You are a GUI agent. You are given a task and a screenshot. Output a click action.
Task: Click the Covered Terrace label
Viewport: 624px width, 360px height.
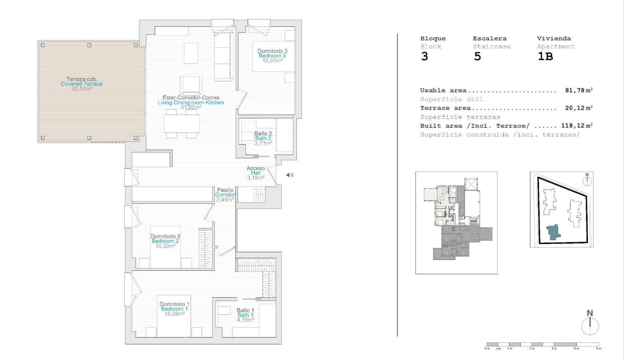pos(82,84)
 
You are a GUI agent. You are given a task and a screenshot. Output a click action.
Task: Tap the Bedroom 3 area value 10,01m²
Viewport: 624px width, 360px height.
pos(272,61)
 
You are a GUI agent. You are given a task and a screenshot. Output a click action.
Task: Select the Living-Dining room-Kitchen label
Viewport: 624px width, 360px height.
pos(191,103)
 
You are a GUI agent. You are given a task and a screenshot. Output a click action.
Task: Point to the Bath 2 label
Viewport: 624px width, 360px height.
pos(263,138)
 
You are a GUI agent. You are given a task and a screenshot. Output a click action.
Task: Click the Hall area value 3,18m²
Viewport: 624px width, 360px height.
pos(255,178)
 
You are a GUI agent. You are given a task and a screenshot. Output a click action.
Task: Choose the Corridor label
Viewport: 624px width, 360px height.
pos(225,195)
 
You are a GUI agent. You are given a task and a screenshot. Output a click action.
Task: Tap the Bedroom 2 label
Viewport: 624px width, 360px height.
pos(165,241)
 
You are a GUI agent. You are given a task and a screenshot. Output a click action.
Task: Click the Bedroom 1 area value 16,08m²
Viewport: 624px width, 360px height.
pos(174,314)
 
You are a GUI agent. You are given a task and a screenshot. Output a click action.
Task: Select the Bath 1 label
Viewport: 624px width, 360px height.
pos(246,315)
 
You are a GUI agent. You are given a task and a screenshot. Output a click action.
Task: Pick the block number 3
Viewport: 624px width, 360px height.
pos(424,57)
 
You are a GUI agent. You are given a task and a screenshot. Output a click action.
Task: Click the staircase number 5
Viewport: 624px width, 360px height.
pos(477,57)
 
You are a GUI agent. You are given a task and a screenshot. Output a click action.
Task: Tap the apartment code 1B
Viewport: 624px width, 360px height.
pos(545,57)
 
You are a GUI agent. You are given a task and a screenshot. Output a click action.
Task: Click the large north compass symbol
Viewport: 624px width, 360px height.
pos(590,324)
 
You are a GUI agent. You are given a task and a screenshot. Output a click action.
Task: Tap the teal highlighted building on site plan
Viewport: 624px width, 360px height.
pos(553,232)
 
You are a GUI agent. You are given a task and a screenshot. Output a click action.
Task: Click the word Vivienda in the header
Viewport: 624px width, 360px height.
pos(554,38)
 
